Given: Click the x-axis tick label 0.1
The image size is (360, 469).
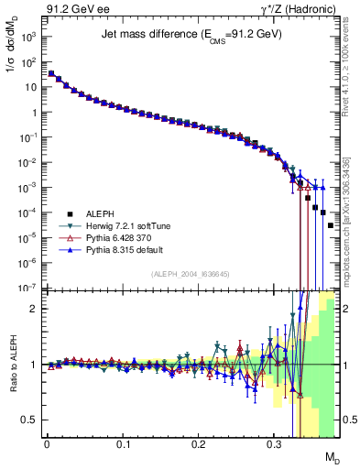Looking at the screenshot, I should click(123, 444).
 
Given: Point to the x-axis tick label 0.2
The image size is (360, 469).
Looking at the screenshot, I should click(199, 444).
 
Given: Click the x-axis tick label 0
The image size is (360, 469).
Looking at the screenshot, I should click(47, 444).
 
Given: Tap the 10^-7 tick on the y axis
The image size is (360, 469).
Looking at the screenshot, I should click(27, 288).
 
